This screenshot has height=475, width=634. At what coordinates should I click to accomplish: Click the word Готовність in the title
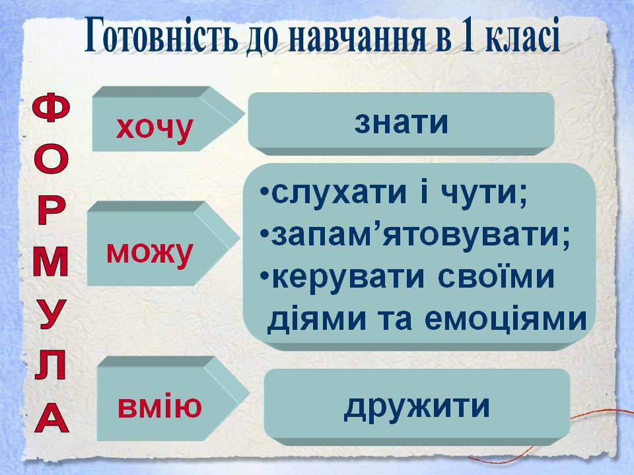click(x=161, y=36)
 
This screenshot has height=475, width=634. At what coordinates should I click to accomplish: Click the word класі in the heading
click(x=521, y=36)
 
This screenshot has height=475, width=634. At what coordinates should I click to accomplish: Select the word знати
click(x=401, y=123)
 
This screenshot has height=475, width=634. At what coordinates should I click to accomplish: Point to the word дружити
click(x=417, y=406)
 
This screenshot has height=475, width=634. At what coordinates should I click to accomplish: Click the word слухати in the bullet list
click(x=339, y=193)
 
